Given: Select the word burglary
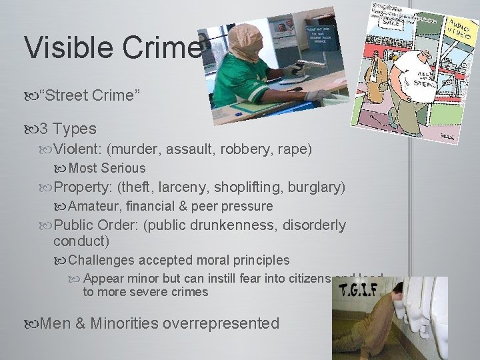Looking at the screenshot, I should pos(316,187).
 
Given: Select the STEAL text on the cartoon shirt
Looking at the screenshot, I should pos(405,84).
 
